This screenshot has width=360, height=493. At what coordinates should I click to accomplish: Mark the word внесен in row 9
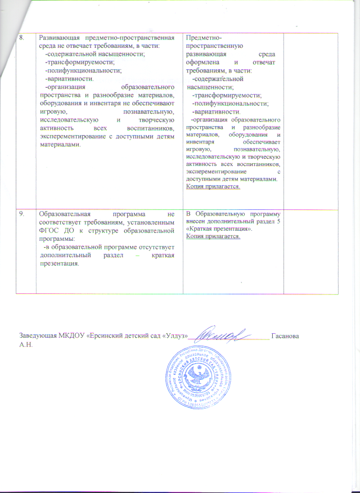(199, 222)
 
